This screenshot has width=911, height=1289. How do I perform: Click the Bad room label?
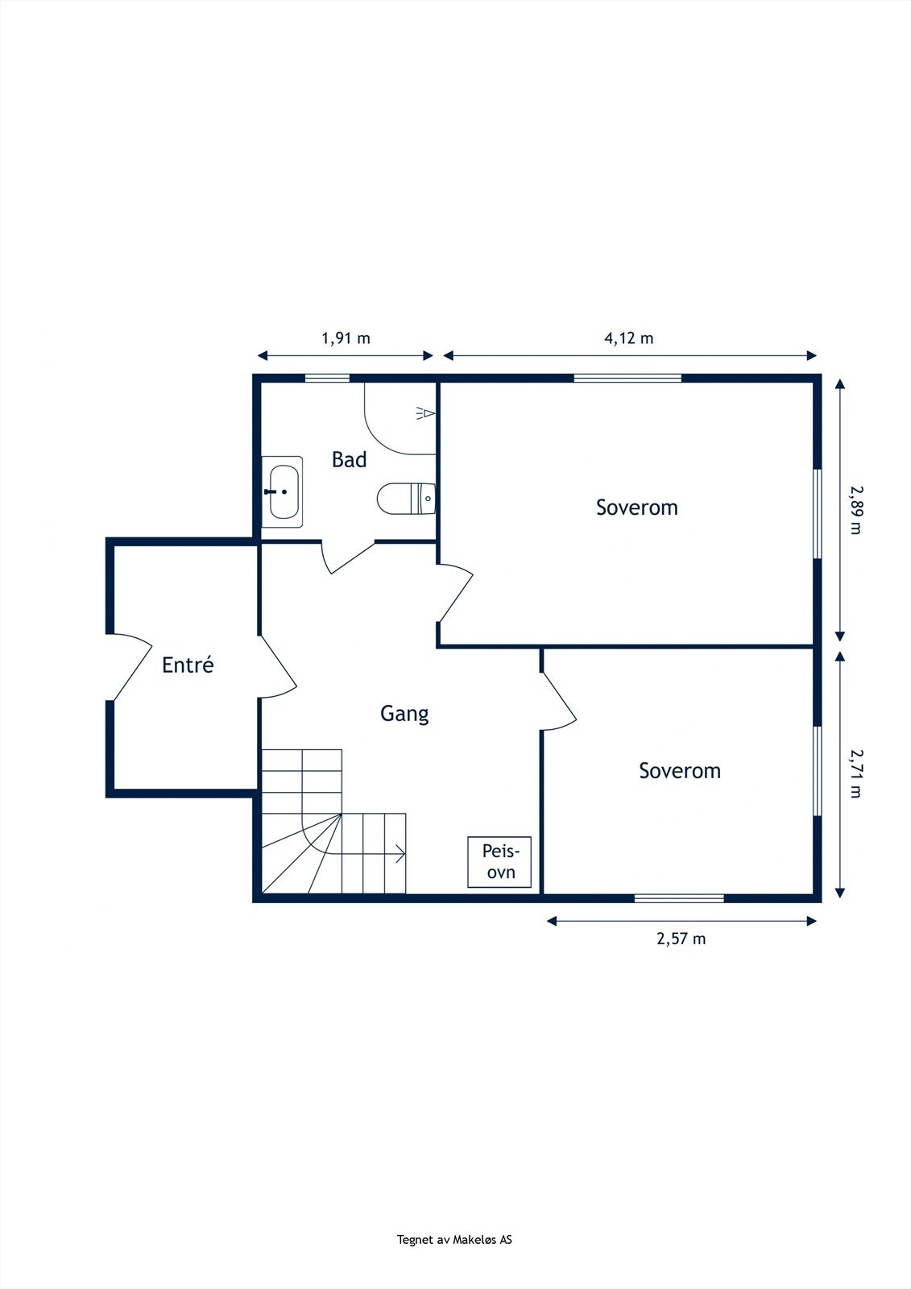(349, 459)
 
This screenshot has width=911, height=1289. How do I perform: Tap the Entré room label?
(188, 665)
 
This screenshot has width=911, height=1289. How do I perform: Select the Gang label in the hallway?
(404, 713)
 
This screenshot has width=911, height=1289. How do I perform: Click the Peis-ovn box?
(499, 862)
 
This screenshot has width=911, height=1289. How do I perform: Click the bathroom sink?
(283, 491)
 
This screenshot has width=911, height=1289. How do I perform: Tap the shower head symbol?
(426, 413)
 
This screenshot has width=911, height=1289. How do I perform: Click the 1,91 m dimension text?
(346, 338)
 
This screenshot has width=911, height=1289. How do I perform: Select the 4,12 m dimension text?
(629, 338)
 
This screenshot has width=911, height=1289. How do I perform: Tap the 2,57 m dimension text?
(681, 939)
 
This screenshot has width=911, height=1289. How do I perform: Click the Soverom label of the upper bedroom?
(636, 508)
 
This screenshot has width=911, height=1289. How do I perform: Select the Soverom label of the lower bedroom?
(680, 771)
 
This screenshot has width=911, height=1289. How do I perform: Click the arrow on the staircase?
(399, 854)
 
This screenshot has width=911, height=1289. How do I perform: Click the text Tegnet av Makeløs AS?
(454, 1240)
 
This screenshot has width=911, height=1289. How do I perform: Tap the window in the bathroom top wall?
(327, 378)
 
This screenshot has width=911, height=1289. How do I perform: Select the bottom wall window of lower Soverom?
(678, 897)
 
